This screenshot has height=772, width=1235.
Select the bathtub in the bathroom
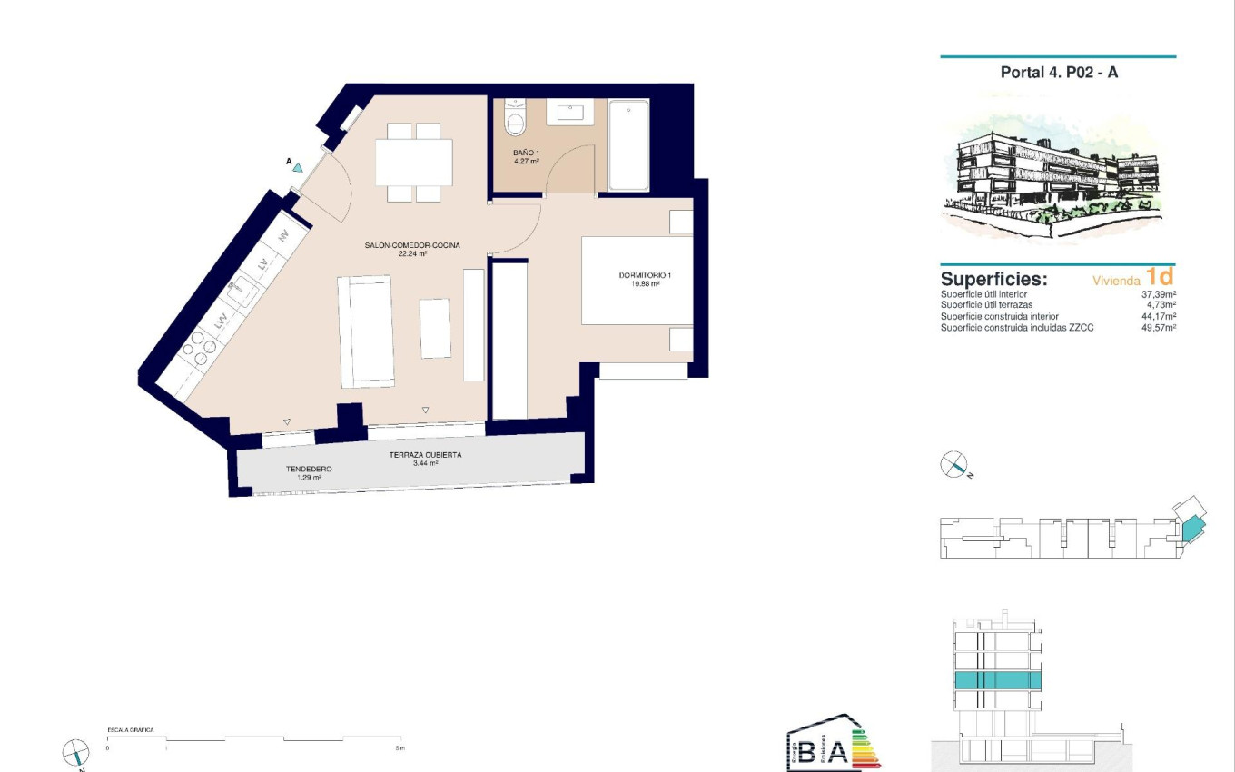tap(628, 145)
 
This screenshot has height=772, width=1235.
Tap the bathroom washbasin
tap(571, 113)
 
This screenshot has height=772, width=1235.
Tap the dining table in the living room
tap(414, 162)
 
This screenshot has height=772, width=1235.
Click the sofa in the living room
tap(366, 331)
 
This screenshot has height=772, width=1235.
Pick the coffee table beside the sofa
tap(435, 328)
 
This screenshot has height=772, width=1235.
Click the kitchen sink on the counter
tap(242, 292)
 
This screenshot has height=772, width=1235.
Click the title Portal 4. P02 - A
tap(1059, 73)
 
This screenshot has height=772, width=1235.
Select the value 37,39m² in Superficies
tap(1158, 295)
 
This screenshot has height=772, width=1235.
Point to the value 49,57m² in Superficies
tap(1158, 328)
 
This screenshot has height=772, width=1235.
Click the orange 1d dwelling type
tap(1160, 277)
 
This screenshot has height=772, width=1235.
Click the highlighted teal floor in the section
tap(997, 681)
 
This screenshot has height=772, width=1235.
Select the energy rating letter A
tap(838, 752)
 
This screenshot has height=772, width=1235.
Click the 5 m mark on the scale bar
tap(400, 747)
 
